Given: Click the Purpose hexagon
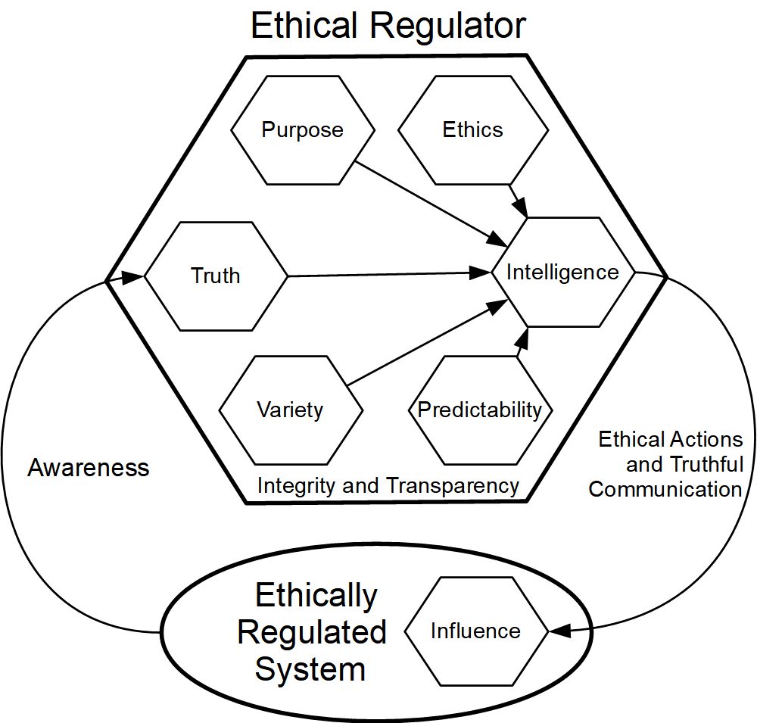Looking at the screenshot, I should [303, 130].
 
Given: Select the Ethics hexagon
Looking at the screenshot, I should [473, 130].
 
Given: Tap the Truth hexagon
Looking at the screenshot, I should [216, 276].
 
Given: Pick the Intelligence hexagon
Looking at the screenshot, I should [562, 273].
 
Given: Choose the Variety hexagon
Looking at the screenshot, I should [290, 410].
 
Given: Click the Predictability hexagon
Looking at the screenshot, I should [480, 410].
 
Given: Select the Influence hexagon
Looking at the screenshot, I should [475, 631].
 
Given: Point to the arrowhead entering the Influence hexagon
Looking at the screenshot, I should [559, 630].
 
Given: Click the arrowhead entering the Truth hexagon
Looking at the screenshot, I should [133, 278].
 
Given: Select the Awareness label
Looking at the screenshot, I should [89, 468].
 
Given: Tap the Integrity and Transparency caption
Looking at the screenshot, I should [388, 485].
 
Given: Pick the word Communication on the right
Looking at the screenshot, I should [665, 489].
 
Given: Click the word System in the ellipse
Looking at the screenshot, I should [310, 669].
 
